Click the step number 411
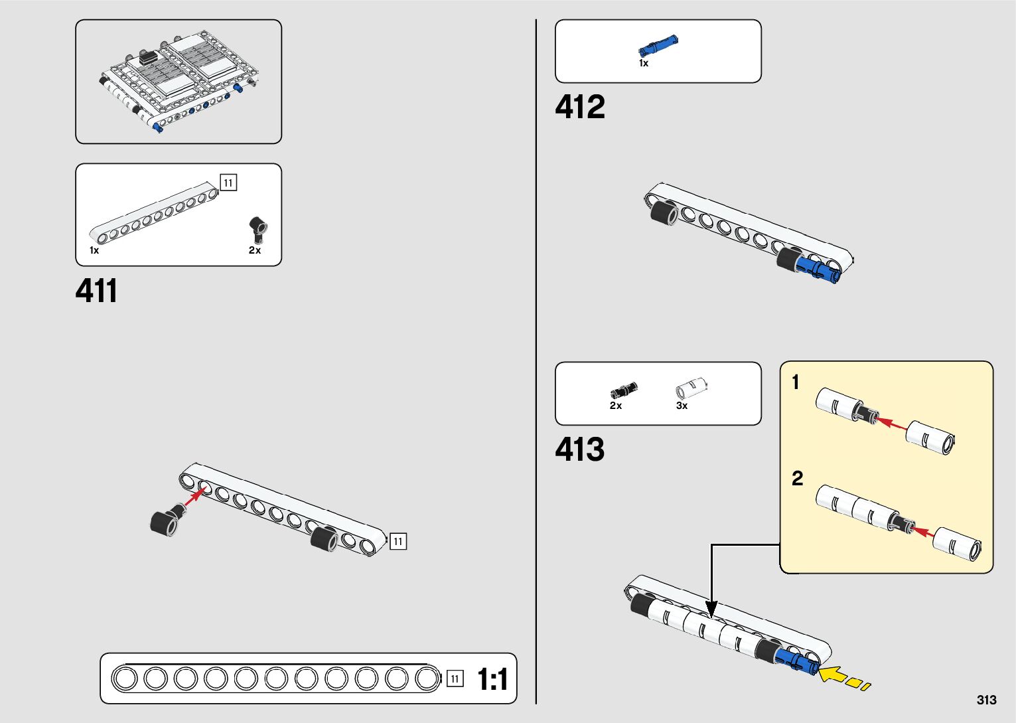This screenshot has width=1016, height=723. point(96,291)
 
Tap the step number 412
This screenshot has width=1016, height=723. point(579,107)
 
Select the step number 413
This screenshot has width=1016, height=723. point(579,449)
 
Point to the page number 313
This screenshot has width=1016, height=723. point(987,700)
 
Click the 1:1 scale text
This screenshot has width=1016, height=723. point(492,679)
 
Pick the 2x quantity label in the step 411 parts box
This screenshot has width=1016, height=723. point(254,250)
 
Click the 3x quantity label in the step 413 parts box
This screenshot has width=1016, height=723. point(682,405)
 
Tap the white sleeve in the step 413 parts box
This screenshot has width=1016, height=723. point(691,388)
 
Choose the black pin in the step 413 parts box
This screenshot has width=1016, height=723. point(624,390)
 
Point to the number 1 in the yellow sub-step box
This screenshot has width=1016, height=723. point(795,382)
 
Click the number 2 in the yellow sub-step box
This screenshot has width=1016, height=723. point(798,479)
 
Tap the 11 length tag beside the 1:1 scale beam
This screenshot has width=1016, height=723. point(455,679)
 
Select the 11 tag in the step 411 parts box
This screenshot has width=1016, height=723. point(228,183)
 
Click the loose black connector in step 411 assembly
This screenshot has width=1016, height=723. point(167,521)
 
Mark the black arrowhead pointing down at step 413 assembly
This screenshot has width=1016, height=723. point(711,609)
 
